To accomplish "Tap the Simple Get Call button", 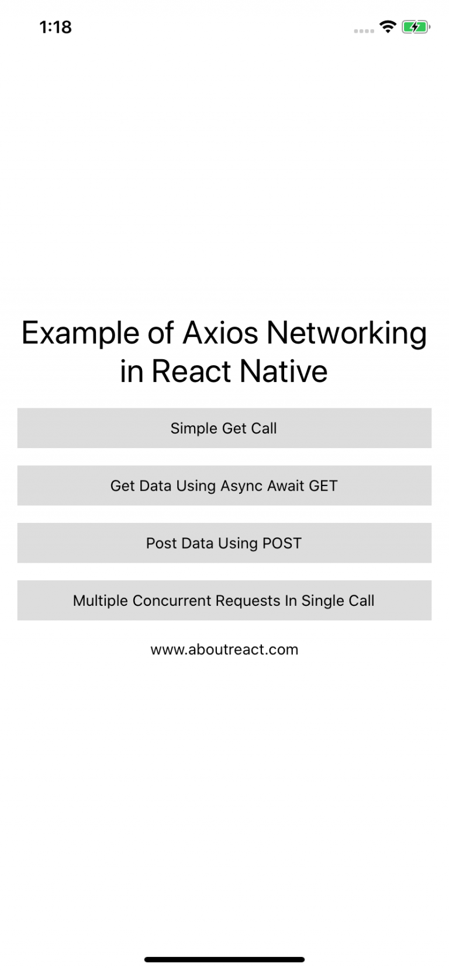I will point(224,428).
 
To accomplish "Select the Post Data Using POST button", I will point(224,543).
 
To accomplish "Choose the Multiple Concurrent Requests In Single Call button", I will point(224,601).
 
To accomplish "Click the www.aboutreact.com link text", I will point(224,650).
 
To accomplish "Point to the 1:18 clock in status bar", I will point(56,27).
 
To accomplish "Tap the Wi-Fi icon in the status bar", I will point(388,26).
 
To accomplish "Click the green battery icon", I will point(416,27).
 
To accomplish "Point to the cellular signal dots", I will point(364,30).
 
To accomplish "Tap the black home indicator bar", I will point(224,959).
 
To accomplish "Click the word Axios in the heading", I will point(220,333).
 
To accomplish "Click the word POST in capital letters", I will point(282,543).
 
